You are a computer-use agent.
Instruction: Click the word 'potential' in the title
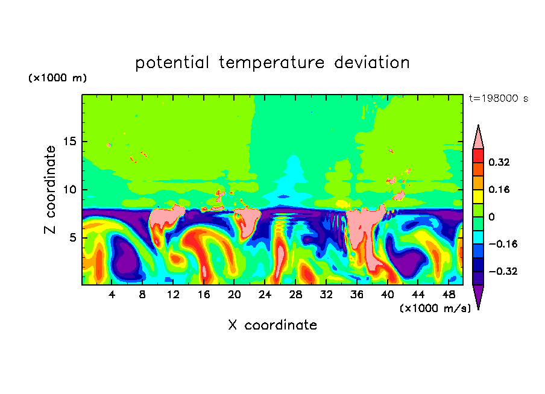tap(172, 63)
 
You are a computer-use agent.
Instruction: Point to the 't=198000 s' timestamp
tap(498, 98)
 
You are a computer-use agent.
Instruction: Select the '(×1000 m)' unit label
tap(57, 78)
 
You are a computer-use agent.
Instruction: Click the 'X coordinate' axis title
tap(272, 325)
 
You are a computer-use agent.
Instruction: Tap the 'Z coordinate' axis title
tap(51, 190)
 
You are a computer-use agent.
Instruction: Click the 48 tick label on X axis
tap(448, 295)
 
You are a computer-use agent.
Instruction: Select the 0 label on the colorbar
tap(491, 217)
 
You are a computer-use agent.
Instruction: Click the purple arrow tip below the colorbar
tap(478, 298)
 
